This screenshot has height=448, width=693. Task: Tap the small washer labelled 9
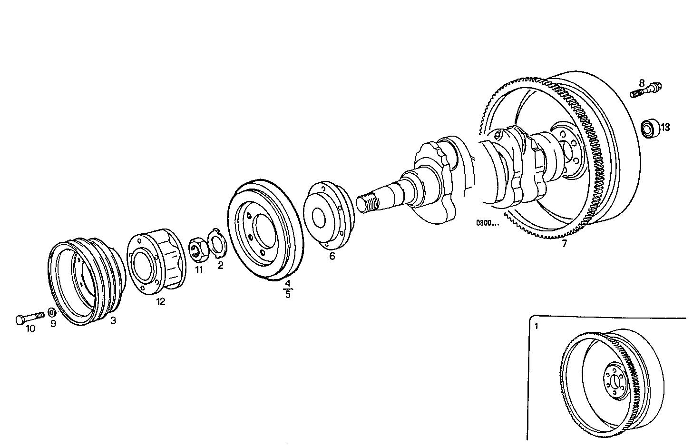(x=52, y=313)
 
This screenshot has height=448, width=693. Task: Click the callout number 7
(x=564, y=244)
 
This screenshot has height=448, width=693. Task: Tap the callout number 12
(x=161, y=301)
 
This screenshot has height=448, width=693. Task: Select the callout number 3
(x=113, y=321)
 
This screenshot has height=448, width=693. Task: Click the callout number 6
(x=332, y=256)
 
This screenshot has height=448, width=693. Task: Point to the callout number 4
(x=287, y=284)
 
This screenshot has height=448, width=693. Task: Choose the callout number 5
(x=287, y=294)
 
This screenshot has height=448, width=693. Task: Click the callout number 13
(x=664, y=127)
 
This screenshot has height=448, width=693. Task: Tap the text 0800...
(x=487, y=222)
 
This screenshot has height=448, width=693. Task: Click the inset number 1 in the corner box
(x=536, y=326)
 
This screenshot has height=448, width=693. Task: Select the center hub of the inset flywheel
(x=615, y=380)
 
